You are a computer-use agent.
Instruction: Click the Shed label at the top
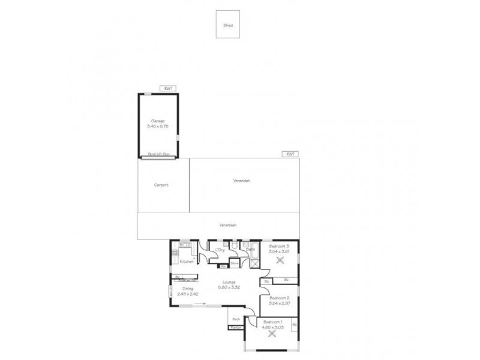[228, 26]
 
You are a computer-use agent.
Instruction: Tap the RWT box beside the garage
[169, 88]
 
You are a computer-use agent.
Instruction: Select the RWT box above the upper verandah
[290, 154]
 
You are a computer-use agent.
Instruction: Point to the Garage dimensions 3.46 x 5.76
[158, 127]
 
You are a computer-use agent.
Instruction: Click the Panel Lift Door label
[158, 154]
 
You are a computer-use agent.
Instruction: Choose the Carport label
[161, 185]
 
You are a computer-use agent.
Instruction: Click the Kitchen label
[187, 262]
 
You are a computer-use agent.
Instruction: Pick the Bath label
[250, 248]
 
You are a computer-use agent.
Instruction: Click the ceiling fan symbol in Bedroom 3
[280, 260]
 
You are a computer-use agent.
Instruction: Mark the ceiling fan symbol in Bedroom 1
[274, 335]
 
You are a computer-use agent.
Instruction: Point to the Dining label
[188, 289]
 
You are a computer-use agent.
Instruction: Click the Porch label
[236, 319]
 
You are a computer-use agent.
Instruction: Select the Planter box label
[235, 328]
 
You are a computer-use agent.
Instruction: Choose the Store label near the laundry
[235, 262]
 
